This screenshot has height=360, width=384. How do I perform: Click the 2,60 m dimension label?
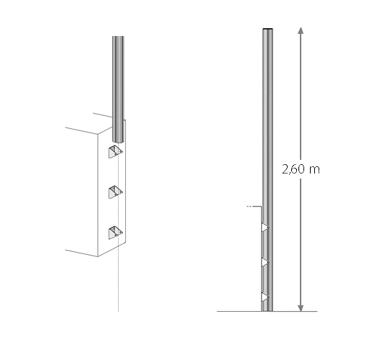coord(301,169)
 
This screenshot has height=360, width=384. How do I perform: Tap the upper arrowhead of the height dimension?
coord(301,31)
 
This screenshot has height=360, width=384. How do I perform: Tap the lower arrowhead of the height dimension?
coord(301,308)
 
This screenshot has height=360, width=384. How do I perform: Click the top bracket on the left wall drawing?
coord(116,152)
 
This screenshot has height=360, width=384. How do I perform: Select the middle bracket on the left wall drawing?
coord(116,192)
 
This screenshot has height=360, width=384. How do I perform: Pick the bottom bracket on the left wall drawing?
coord(116,233)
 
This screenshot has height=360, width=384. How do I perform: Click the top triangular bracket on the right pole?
coord(265,227)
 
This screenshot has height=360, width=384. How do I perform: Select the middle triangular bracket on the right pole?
coord(265,262)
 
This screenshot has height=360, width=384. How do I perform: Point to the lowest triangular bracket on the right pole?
coord(265,297)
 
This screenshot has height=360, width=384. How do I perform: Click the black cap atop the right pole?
coord(268,29)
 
